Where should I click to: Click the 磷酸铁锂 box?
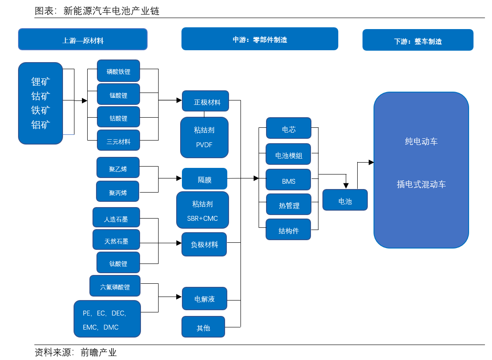[118, 71]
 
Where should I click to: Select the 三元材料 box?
[118, 141]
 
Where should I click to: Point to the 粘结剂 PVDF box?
[204, 137]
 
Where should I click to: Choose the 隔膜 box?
[204, 179]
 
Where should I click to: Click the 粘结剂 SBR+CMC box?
[203, 211]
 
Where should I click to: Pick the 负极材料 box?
[204, 244]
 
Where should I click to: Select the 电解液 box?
[204, 298]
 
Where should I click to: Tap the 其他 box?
[203, 327]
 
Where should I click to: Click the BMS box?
[289, 181]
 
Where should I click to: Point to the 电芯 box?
[289, 129]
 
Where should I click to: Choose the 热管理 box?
[289, 205]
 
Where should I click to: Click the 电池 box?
[345, 200]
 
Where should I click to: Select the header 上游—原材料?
[83, 40]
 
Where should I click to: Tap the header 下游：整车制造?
[418, 41]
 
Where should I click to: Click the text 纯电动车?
[421, 141]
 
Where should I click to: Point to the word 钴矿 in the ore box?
[41, 96]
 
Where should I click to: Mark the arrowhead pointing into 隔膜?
[179, 178]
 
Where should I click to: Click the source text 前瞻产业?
[99, 353]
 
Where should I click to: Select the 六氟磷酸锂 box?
[115, 286]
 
